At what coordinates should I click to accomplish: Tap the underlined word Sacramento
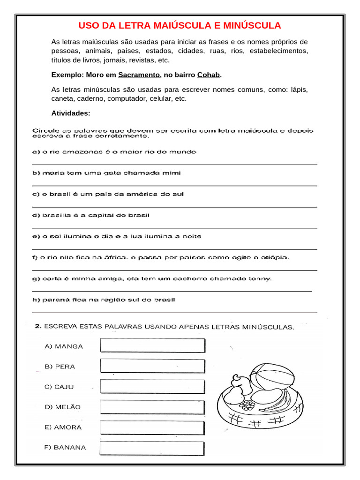pyautogui.click(x=139, y=75)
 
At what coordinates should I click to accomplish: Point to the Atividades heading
pyautogui.click(x=71, y=113)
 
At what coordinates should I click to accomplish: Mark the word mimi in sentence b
pyautogui.click(x=172, y=173)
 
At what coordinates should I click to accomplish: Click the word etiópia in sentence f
pyautogui.click(x=276, y=257)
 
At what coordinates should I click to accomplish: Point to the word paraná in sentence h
pyautogui.click(x=57, y=300)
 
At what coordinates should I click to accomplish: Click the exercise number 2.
pyautogui.click(x=38, y=327)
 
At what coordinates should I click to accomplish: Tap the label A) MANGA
pyautogui.click(x=64, y=346)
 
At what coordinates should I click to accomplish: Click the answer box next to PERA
pyautogui.click(x=152, y=366)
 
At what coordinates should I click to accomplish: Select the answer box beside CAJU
pyautogui.click(x=152, y=386)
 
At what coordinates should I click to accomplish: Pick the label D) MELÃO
pyautogui.click(x=63, y=407)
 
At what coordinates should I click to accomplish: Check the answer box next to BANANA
pyautogui.click(x=152, y=447)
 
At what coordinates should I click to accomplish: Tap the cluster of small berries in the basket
pyautogui.click(x=247, y=404)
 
